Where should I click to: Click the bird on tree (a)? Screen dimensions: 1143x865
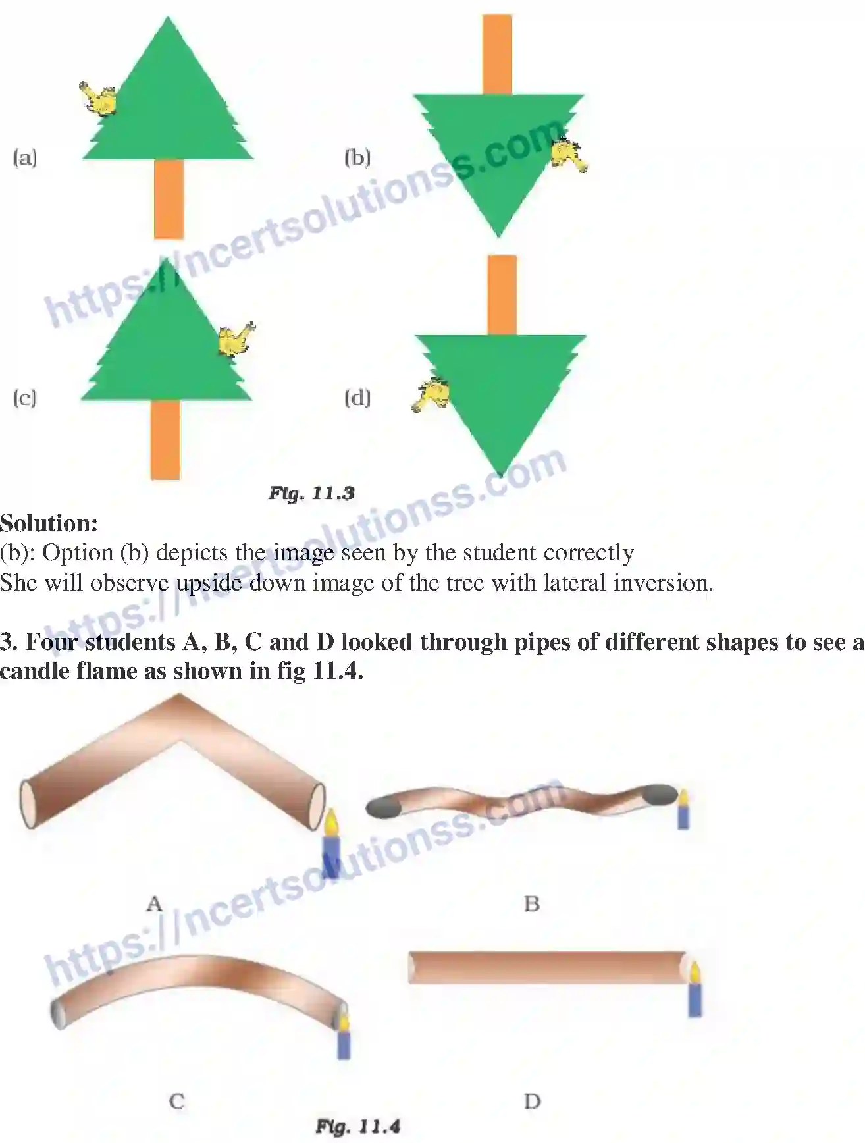(99, 99)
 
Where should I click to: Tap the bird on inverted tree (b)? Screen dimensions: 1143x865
(569, 155)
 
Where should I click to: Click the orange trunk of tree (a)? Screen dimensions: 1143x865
(169, 198)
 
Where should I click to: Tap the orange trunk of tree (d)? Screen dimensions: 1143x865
(502, 295)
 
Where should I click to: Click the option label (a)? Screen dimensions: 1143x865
(25, 158)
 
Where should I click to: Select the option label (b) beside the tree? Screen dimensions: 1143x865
(357, 158)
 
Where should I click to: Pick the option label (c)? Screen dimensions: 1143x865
(25, 398)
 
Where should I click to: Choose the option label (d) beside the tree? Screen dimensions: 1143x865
(357, 398)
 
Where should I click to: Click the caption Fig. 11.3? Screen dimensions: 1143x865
(311, 493)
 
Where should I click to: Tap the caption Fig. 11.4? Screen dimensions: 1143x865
(357, 1127)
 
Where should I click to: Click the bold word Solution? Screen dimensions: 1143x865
(49, 523)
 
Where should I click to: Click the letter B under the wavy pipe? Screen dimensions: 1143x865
(532, 904)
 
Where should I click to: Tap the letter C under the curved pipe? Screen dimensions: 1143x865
(176, 1101)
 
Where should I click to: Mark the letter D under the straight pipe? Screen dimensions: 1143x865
(532, 1101)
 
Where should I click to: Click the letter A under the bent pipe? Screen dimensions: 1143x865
(154, 903)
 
